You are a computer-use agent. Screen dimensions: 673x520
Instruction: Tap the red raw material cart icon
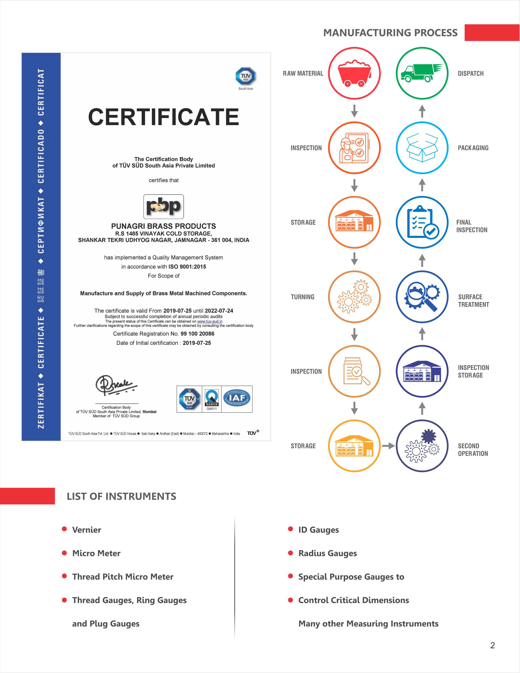(354, 73)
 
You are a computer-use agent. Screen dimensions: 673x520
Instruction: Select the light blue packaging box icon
(422, 148)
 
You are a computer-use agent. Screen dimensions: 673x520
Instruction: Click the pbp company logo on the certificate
(163, 207)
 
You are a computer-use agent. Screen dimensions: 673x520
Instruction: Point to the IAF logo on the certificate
(237, 398)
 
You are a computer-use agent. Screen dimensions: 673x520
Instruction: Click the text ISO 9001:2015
(187, 267)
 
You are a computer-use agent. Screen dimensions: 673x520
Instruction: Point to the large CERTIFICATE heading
(163, 117)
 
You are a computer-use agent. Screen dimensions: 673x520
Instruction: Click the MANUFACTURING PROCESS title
(390, 33)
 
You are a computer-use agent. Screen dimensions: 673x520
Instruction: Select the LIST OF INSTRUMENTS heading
(121, 496)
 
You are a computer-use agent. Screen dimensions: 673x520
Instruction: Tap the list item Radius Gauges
(327, 553)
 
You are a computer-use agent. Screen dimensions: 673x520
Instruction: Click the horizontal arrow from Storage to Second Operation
(388, 446)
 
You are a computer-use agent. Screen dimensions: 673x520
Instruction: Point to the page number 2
(492, 645)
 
